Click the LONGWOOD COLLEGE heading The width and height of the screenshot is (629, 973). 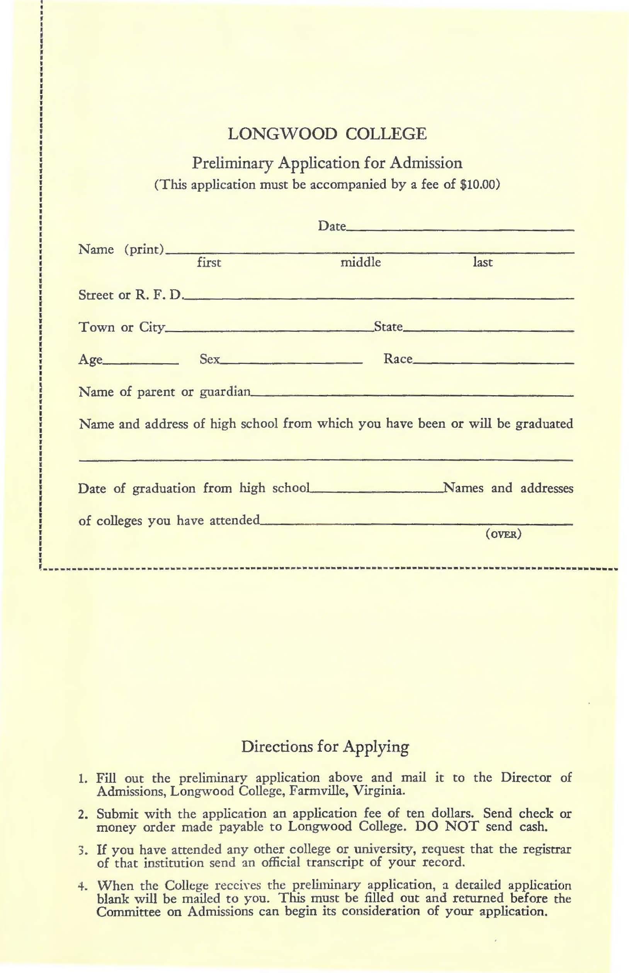coord(327,134)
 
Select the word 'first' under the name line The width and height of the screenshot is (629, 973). coord(209,263)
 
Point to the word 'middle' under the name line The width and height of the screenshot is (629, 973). coord(360,263)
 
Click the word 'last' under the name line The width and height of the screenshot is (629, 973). coord(482,263)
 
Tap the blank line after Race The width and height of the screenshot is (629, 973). coord(493,362)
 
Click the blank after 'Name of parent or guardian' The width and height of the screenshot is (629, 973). coord(412,395)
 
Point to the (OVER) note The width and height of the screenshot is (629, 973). coord(503,534)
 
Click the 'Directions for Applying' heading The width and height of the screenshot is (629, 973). coord(325,747)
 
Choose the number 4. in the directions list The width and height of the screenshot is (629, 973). coord(82,886)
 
